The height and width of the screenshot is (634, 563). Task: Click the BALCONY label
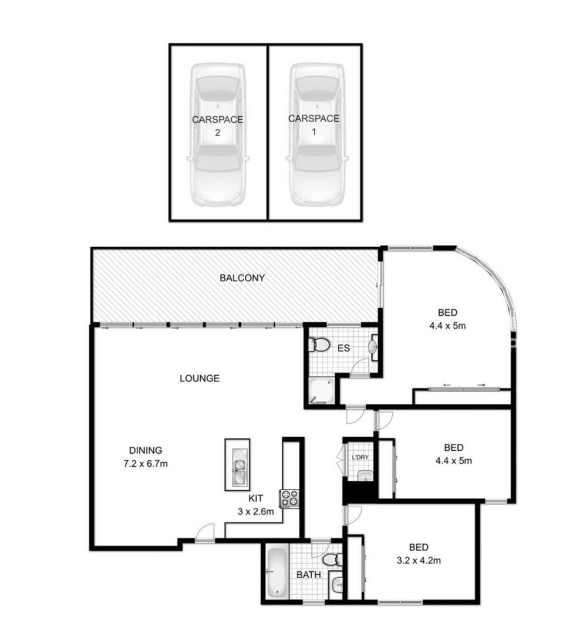point(242,278)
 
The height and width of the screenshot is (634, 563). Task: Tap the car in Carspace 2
point(218,134)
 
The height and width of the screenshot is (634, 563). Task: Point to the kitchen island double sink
point(238,466)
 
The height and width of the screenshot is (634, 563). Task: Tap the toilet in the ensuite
point(319,345)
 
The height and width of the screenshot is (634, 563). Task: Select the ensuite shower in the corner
point(322,391)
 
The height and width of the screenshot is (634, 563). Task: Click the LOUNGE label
point(200,379)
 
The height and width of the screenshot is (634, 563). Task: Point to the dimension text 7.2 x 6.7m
point(146,464)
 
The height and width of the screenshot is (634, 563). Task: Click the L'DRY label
point(360,457)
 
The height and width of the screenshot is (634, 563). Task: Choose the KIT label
point(255,498)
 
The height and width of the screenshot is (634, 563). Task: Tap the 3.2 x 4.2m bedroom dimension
point(419,561)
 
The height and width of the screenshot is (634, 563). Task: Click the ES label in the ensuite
point(343,348)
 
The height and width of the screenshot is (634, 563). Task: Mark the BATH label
point(309,575)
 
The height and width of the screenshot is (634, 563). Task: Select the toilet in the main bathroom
point(333,559)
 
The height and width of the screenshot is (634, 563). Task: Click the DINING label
point(146,450)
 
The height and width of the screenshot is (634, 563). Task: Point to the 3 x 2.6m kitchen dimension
point(255,511)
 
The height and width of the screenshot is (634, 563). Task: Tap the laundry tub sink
point(366,476)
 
